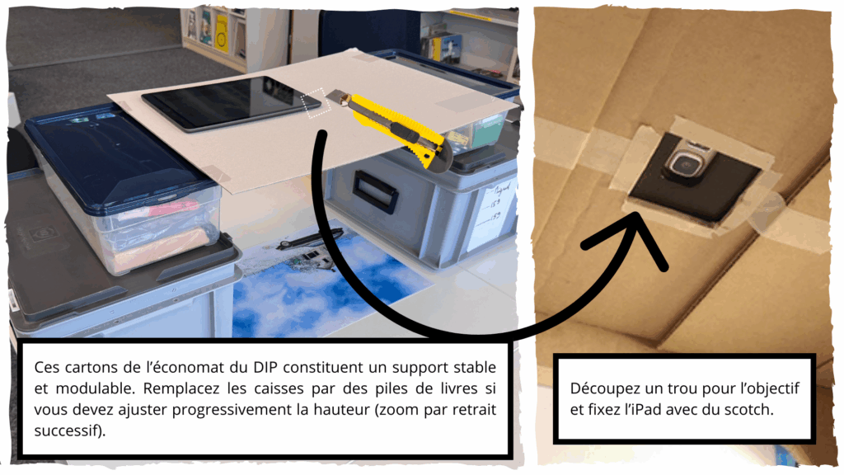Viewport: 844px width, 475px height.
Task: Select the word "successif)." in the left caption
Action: (x=70, y=430)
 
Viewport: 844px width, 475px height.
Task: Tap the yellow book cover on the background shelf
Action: (x=222, y=33)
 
